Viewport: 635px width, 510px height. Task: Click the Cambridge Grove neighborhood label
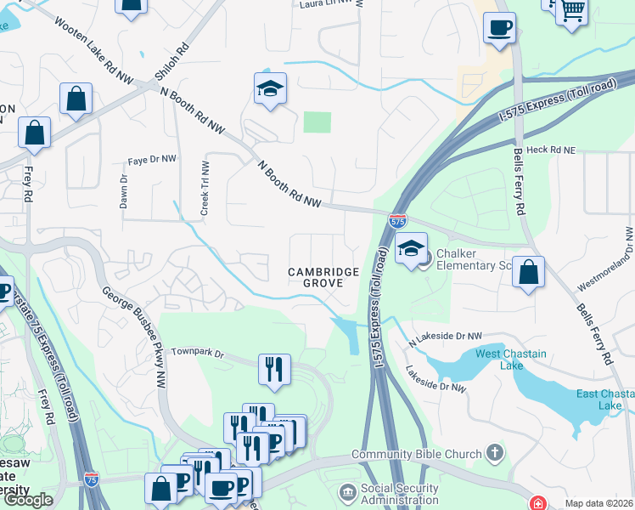pos(323,277)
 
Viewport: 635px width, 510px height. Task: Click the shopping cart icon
pos(572,10)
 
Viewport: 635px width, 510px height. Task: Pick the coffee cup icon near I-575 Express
pos(499,28)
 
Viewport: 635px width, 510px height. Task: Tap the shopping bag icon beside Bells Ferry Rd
pos(528,274)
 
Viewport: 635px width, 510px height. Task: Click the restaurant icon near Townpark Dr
pos(273,370)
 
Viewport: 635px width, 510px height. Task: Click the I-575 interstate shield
pos(397,220)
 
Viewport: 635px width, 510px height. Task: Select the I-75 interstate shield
pos(92,479)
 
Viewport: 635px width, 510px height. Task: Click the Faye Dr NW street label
pos(151,160)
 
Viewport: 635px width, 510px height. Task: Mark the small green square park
pos(317,122)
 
